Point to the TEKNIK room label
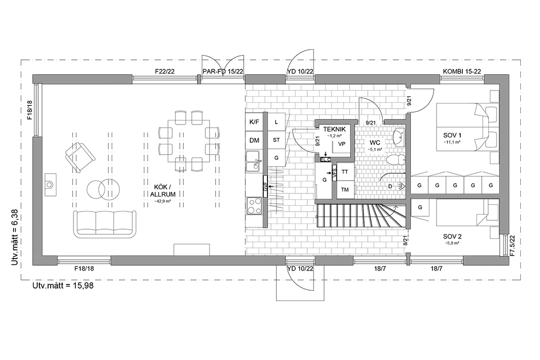tap(334, 129)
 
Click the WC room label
tap(375, 142)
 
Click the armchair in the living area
tap(80, 156)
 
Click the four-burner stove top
tap(254, 206)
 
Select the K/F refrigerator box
tap(254, 122)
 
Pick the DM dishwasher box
tap(254, 140)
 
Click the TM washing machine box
tap(345, 190)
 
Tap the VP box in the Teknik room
tap(342, 144)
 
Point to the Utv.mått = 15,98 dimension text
tap(63, 285)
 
